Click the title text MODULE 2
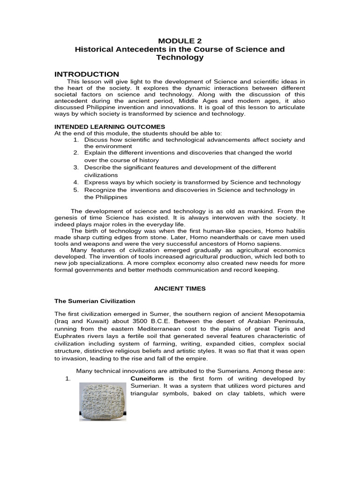180,41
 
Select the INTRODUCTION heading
87,74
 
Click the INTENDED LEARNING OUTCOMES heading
110,127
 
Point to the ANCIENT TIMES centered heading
180,289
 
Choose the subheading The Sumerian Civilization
95,301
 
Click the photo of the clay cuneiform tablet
102,401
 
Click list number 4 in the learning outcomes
75,182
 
